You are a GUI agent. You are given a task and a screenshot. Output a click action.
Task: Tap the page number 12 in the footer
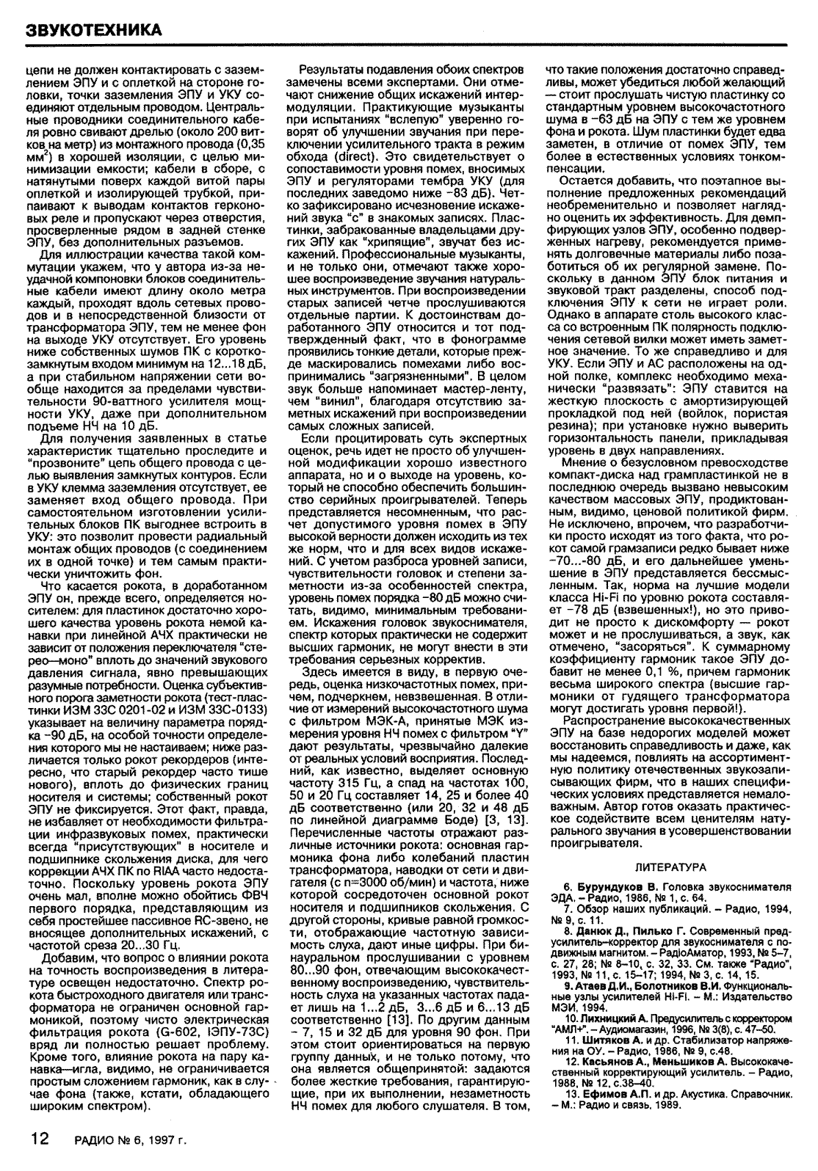38,1139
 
